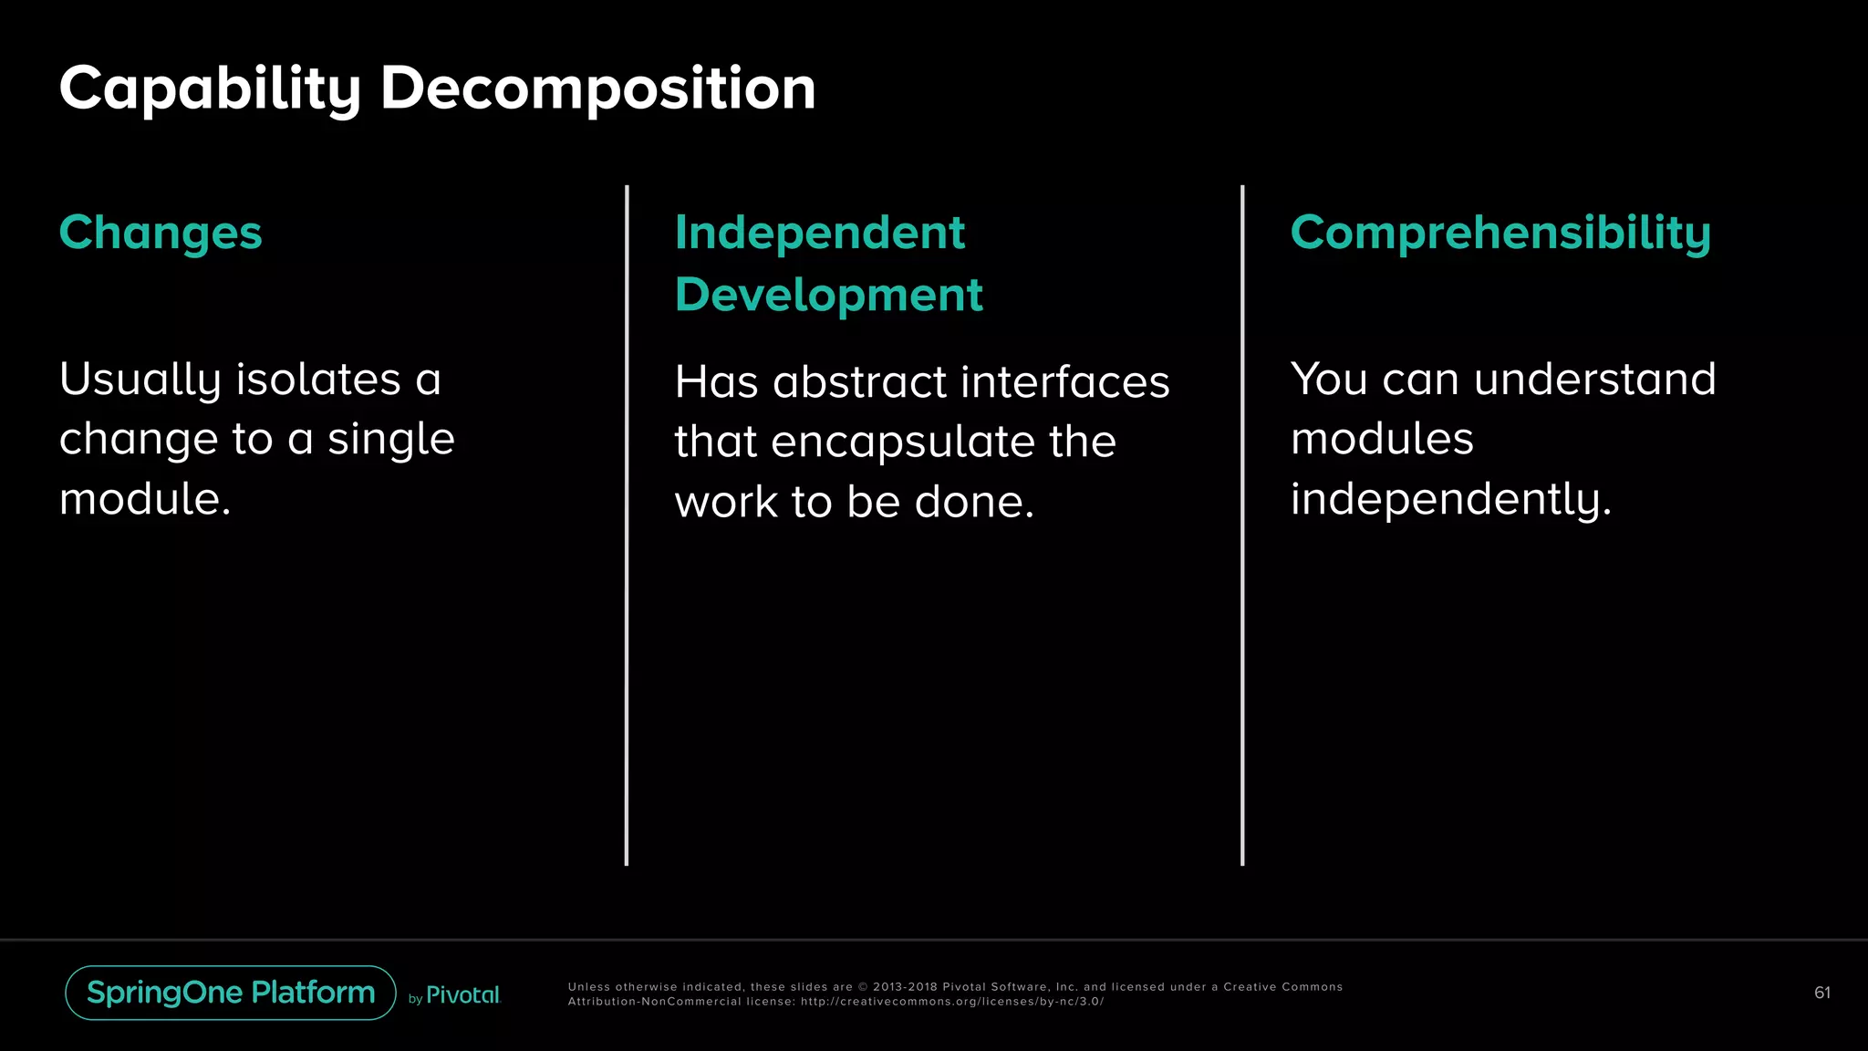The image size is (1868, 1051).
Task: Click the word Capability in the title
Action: (x=210, y=89)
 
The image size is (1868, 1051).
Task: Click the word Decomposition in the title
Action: (x=597, y=89)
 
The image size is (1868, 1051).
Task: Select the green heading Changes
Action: (x=161, y=233)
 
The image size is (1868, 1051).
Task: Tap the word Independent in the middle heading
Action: (x=819, y=233)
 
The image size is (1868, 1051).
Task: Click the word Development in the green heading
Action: (x=828, y=295)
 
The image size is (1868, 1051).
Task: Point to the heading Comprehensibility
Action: (x=1500, y=233)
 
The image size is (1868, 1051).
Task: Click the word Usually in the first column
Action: (x=140, y=380)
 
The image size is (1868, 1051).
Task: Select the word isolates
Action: (x=318, y=380)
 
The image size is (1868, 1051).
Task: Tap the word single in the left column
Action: (x=390, y=439)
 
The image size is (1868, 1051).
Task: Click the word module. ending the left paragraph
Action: (x=145, y=499)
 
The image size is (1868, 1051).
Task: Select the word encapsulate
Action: (x=902, y=442)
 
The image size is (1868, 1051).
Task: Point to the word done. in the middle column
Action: (x=974, y=502)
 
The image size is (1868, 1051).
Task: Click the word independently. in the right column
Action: (x=1451, y=499)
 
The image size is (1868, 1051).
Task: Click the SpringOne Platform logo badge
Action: (x=231, y=993)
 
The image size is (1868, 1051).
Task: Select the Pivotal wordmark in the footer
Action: (x=462, y=995)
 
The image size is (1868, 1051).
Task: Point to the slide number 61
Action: (x=1821, y=993)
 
